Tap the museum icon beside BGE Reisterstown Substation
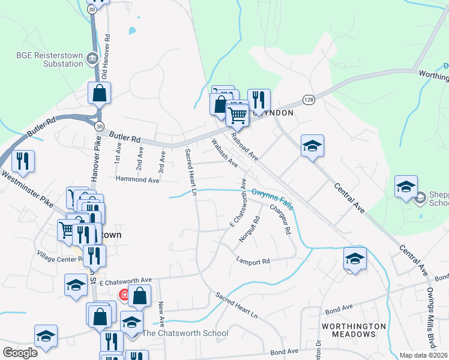pos(93,58)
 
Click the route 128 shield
pos(308,98)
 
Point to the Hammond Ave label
pos(137,179)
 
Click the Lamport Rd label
pos(253,262)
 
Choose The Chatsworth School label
pos(185,333)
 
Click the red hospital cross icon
pos(124,295)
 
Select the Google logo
pos(20,352)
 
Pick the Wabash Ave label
pos(224,154)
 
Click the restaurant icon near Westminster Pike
pos(23,161)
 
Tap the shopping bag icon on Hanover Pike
pos(99,94)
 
